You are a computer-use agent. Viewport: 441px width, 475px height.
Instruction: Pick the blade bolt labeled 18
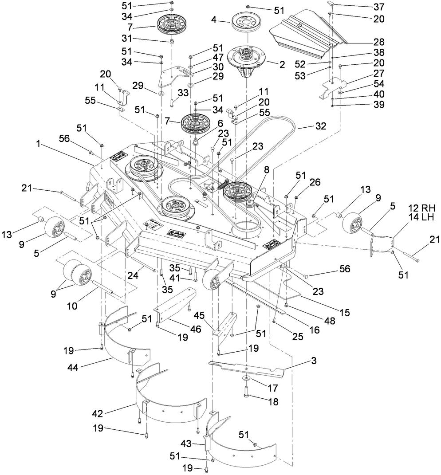coord(248,393)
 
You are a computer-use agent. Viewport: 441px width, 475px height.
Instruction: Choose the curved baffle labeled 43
coord(242,444)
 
